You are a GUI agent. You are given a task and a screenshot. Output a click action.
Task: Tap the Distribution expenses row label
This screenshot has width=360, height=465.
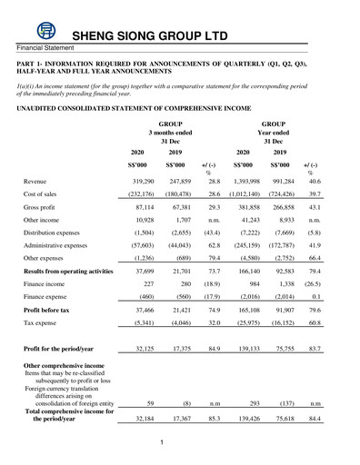coord(60,246)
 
